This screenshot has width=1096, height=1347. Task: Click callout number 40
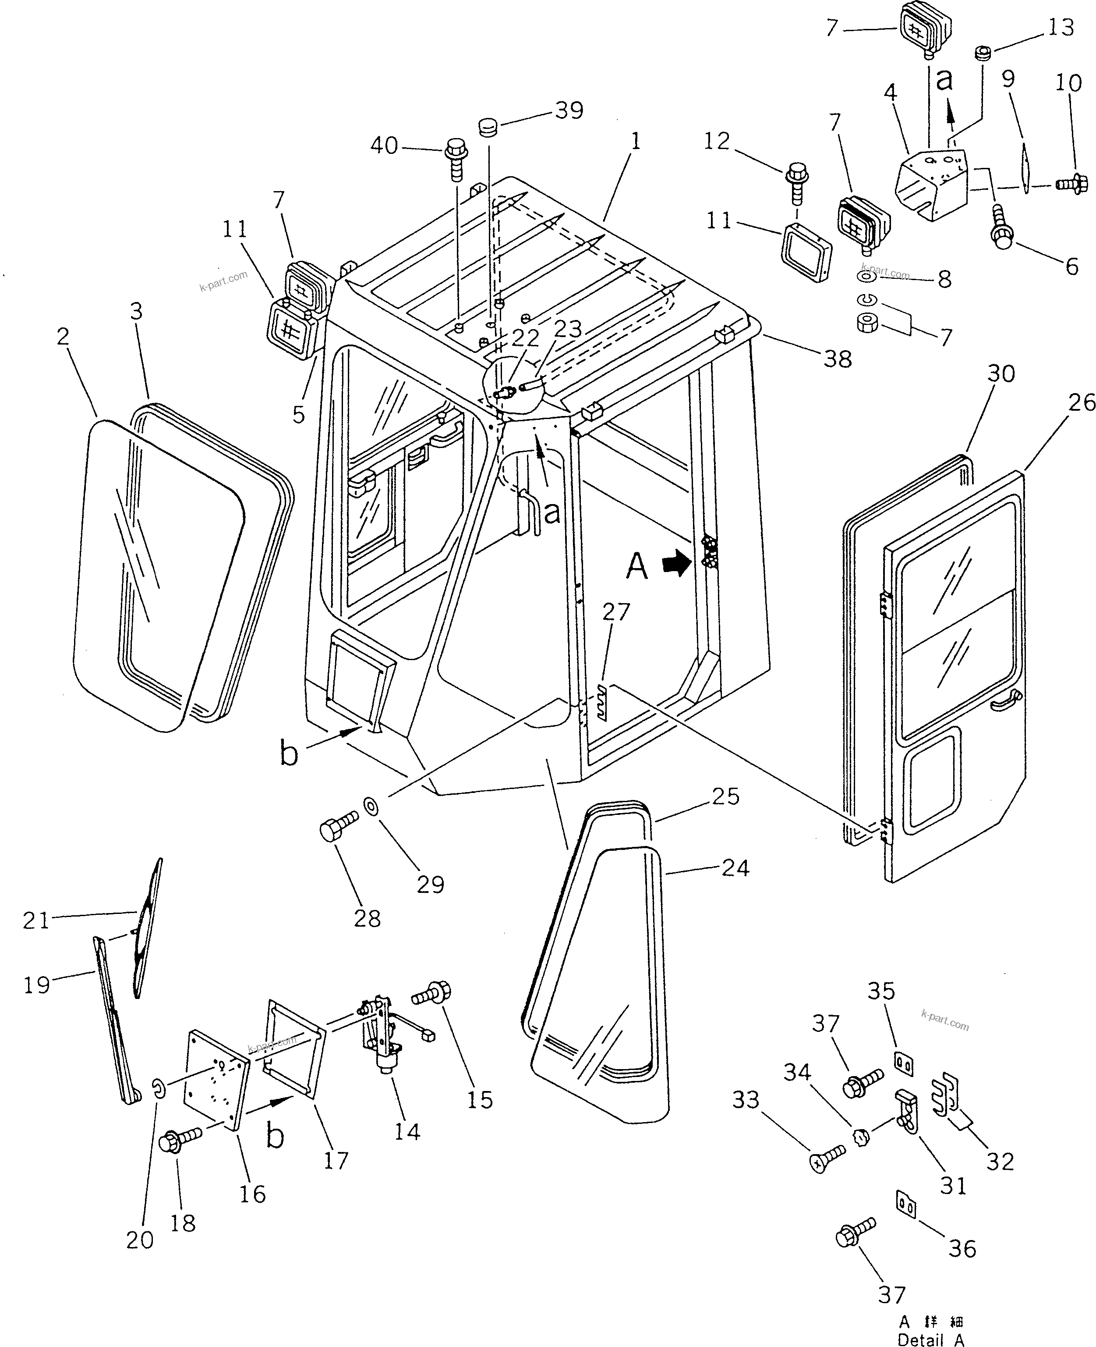[384, 146]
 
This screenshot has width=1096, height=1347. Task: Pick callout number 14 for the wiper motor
[407, 1131]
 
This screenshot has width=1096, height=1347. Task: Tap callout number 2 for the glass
[63, 336]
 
